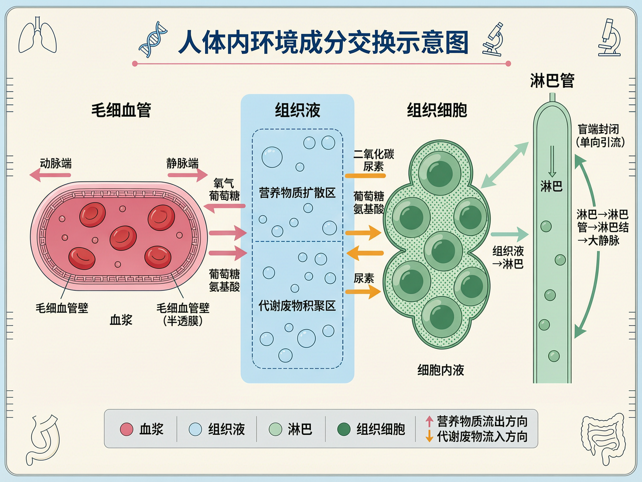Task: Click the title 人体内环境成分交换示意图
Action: tap(323, 42)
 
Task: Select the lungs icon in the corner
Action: tap(38, 36)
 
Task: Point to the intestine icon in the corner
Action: tap(603, 438)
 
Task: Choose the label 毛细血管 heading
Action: tap(121, 110)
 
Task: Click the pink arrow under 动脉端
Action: tap(50, 175)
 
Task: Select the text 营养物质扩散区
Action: tap(297, 193)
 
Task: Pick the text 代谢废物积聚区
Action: tap(297, 306)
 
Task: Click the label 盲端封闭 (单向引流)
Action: tap(600, 135)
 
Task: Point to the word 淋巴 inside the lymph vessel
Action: tap(551, 187)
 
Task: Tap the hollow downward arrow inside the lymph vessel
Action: tap(552, 161)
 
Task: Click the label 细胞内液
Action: tap(441, 370)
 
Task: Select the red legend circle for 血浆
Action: tap(126, 429)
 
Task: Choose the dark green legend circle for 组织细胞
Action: tap(344, 429)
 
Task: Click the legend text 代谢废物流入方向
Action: tap(482, 437)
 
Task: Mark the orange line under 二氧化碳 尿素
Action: tap(365, 176)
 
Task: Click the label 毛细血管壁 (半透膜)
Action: tap(183, 314)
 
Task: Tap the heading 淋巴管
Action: tap(552, 81)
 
